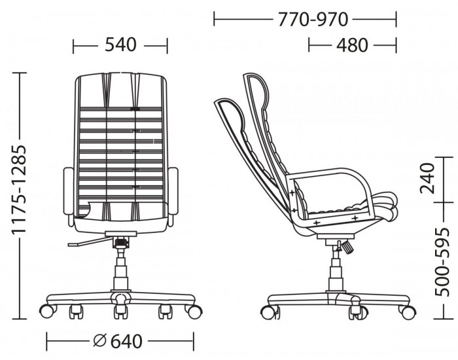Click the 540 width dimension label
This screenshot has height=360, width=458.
120,45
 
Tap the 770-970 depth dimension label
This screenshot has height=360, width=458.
313,20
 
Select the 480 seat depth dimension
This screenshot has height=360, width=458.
352,45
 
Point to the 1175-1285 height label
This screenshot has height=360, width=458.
19,189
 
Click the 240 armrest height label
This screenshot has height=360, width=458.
427,179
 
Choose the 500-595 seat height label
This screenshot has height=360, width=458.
442,262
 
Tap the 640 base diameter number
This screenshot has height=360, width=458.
126,341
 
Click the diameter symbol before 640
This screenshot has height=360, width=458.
100,341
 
